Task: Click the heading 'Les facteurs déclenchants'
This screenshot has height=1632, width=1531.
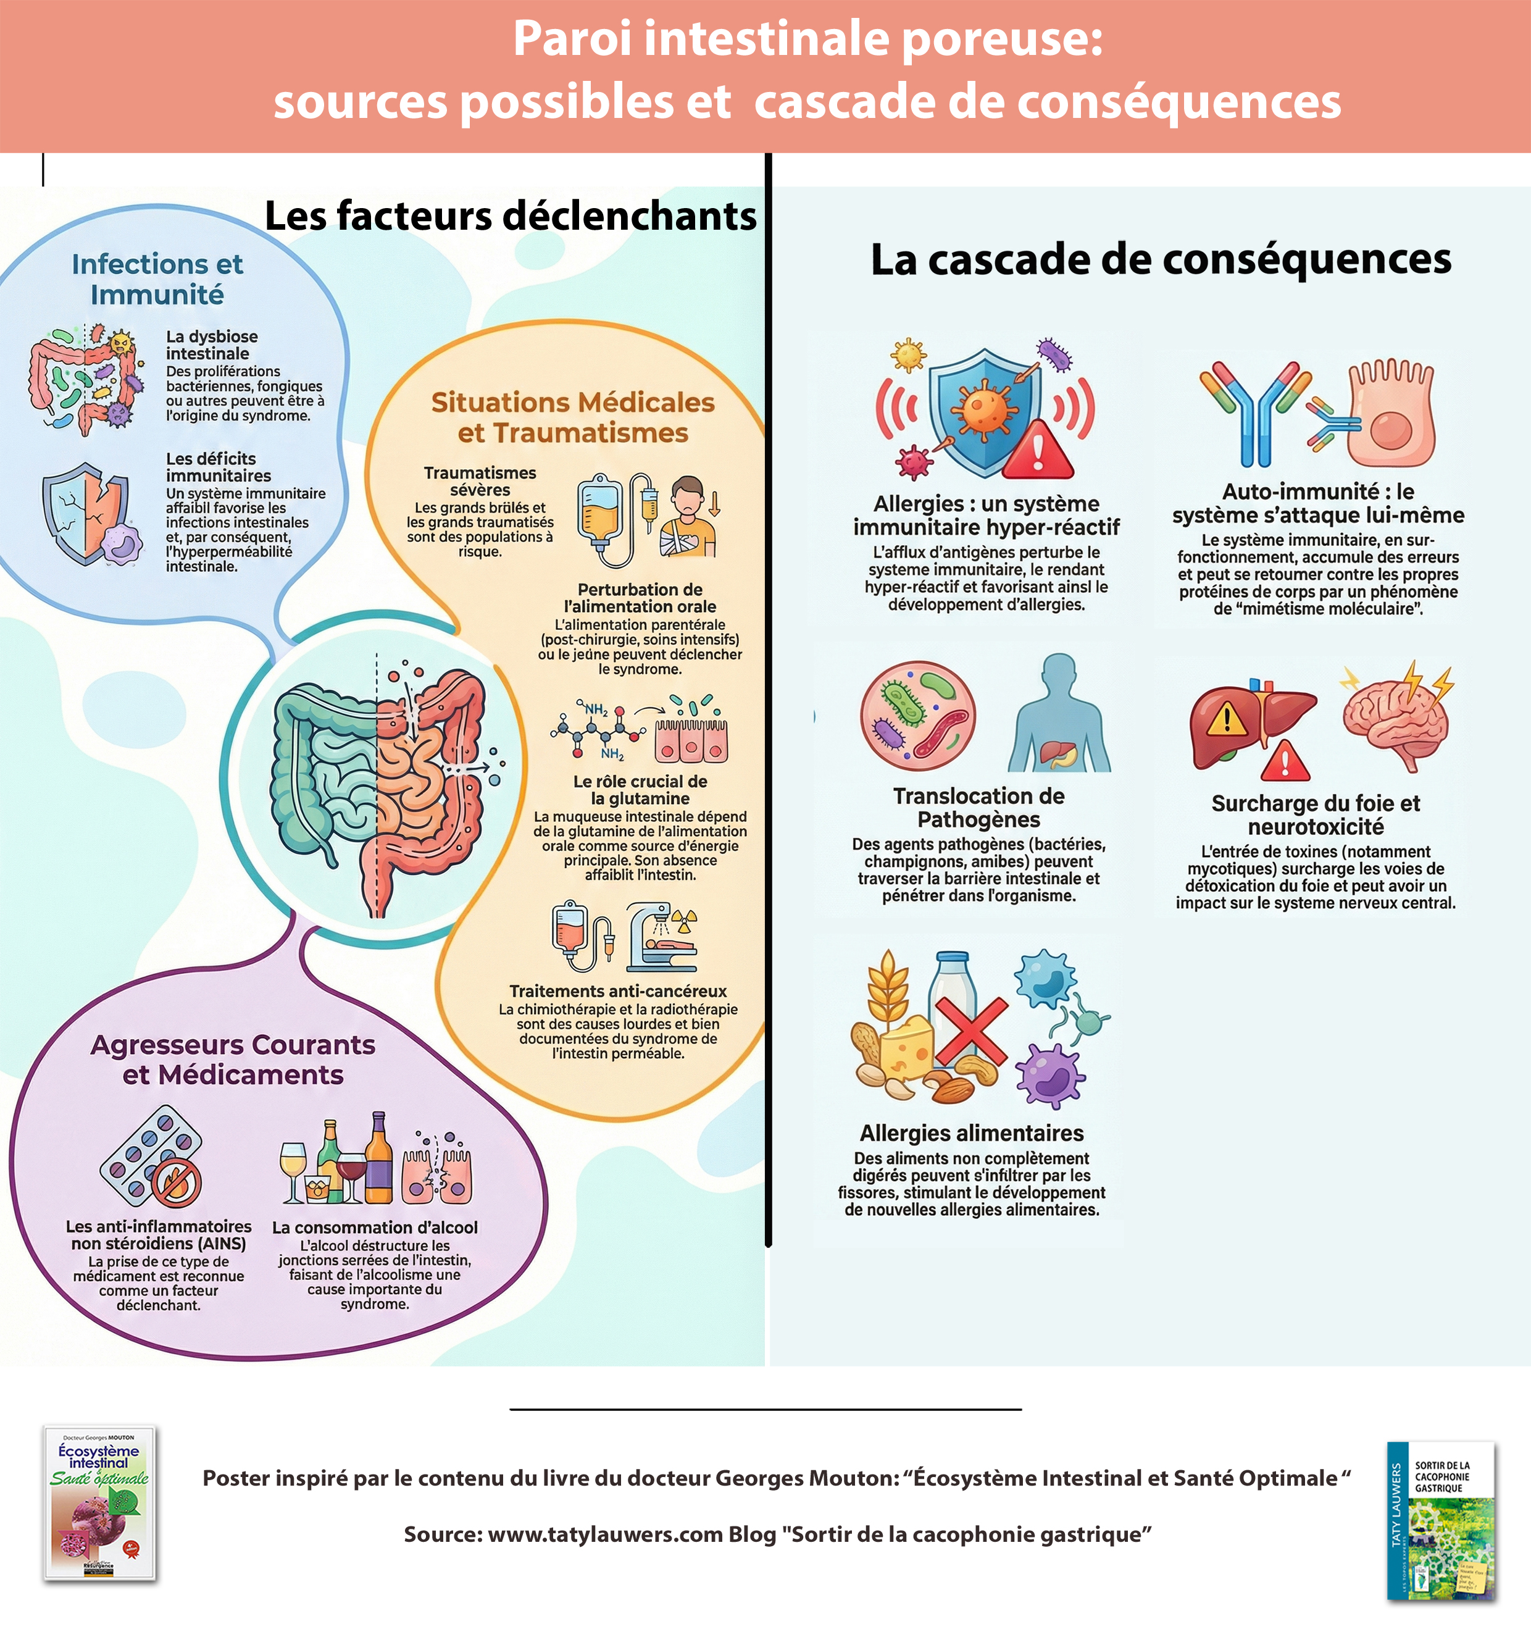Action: [x=510, y=217]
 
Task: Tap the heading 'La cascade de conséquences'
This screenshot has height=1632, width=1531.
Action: [x=1160, y=259]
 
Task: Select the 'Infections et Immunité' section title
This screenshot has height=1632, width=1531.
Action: [x=157, y=279]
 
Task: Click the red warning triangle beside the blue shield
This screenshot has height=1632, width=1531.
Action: [x=1038, y=451]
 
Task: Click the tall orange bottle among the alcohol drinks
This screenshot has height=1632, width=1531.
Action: [x=378, y=1158]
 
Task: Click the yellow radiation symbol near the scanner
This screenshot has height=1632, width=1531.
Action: [x=685, y=919]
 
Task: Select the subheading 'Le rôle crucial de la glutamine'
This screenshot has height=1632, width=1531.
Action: [x=640, y=790]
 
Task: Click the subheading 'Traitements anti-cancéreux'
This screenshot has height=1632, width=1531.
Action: [x=617, y=991]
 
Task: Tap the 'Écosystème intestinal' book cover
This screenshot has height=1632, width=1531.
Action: [x=99, y=1503]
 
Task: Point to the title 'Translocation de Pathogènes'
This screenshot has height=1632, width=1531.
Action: [x=978, y=808]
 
